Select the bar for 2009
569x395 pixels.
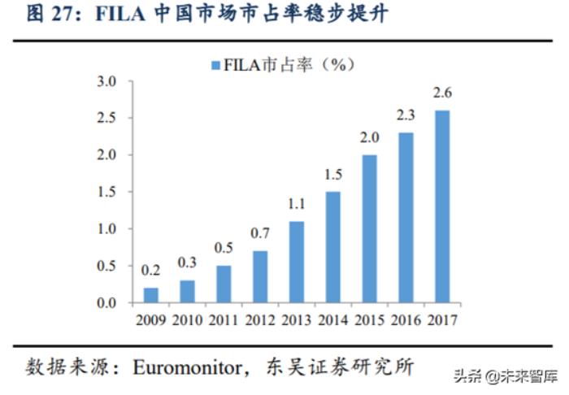(151, 295)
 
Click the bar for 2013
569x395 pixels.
(297, 262)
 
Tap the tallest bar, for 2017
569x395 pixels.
(442, 206)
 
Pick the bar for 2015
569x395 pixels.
(370, 228)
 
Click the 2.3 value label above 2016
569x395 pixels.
(406, 116)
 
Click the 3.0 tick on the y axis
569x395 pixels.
(107, 81)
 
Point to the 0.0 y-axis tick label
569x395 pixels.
(107, 303)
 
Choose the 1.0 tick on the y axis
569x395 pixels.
(107, 229)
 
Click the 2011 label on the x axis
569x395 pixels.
(224, 319)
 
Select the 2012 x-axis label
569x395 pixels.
(260, 319)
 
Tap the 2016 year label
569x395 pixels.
(406, 319)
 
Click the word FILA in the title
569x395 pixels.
(122, 15)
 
